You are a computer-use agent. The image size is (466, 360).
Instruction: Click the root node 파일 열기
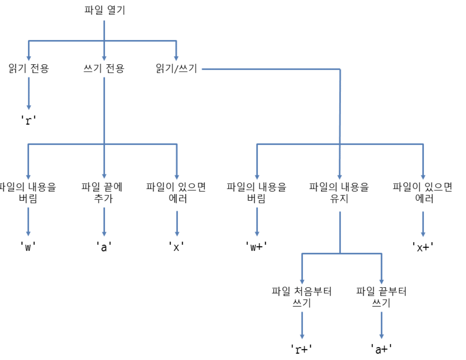pos(105,10)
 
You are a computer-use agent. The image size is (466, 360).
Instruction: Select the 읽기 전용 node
pos(29,68)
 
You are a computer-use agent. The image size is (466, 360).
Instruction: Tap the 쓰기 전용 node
pos(104,68)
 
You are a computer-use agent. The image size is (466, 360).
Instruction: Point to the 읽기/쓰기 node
pos(176,68)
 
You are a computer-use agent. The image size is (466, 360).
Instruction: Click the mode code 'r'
pos(28,120)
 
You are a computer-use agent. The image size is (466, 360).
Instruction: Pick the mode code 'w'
pos(28,247)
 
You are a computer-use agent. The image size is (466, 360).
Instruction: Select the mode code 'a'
pos(104,247)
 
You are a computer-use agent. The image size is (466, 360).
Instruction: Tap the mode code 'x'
pos(176,247)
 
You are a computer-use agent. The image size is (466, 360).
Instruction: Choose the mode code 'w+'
pos(256,247)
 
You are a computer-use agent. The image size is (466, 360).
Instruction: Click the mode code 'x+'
pos(423,247)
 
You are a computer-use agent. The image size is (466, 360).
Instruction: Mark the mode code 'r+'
pos(301,349)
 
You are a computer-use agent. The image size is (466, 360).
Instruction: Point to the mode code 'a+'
pos(381,349)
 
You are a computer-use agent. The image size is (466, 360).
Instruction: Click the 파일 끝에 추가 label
pos(102,192)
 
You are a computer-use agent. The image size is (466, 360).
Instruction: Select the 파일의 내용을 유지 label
pos(339,192)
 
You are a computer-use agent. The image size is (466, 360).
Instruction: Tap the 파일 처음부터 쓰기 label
pos(302,297)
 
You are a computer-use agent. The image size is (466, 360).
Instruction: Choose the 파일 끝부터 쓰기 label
pos(381,297)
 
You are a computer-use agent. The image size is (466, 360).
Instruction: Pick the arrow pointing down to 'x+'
pos(423,224)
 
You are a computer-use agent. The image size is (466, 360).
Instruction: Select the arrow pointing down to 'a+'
pos(381,325)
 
